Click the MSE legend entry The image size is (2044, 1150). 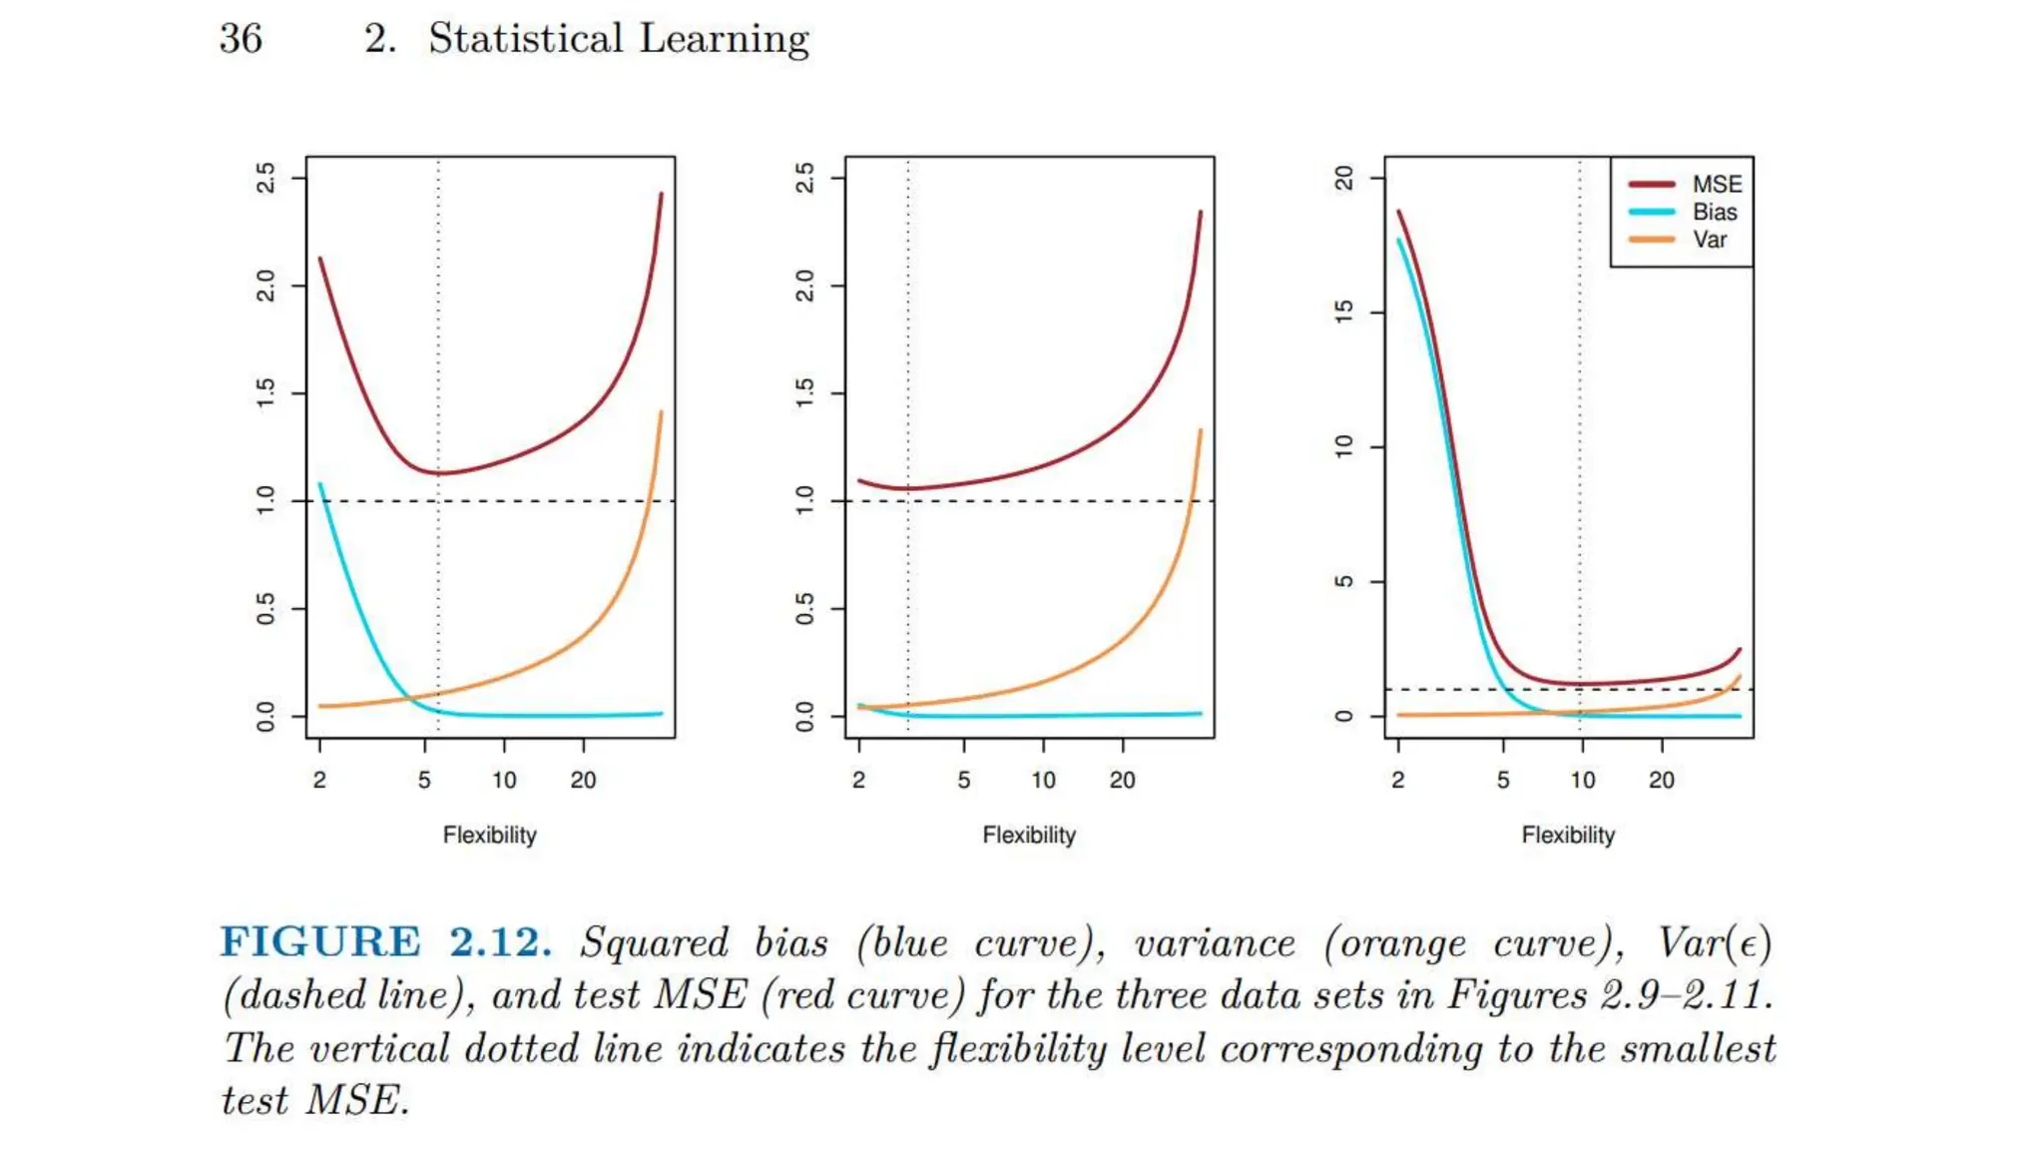point(1716,185)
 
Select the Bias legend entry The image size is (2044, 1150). point(1714,212)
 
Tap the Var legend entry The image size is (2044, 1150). point(1709,240)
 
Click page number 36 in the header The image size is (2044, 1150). point(241,39)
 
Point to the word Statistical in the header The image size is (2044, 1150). point(525,39)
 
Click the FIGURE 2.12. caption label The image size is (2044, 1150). point(385,941)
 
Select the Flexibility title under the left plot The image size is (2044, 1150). point(489,835)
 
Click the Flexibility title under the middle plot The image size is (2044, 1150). point(1029,835)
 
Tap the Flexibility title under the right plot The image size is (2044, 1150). point(1568,835)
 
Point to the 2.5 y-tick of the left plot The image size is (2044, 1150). point(265,178)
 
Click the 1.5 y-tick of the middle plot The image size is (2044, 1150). point(804,393)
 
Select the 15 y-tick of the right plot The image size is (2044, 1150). point(1344,311)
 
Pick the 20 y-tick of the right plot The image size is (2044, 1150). point(1344,178)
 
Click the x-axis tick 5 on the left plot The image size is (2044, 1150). point(424,780)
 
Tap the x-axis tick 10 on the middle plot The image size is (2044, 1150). point(1043,780)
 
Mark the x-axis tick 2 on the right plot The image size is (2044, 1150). point(1397,780)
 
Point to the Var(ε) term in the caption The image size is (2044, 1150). point(1714,943)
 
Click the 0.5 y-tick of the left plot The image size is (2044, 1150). point(265,608)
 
